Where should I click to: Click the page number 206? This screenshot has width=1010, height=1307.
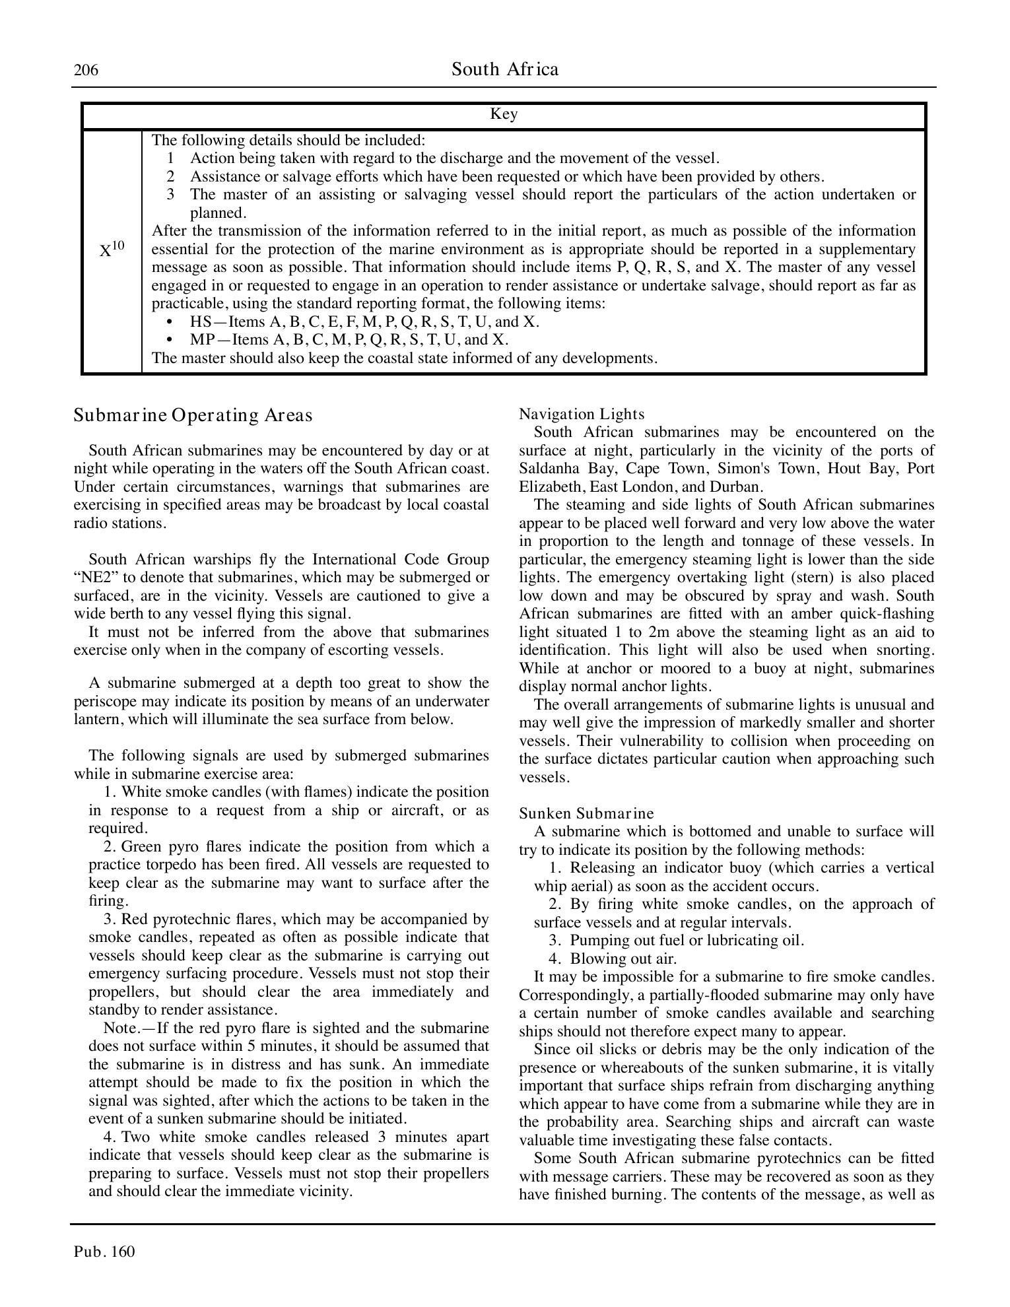point(86,70)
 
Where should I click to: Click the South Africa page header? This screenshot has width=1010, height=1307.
point(505,69)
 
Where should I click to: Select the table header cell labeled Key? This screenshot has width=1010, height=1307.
point(504,115)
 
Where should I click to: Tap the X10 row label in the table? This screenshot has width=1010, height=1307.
point(112,250)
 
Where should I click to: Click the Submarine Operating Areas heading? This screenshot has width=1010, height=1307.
point(193,415)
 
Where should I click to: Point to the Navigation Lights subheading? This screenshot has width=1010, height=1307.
point(582,414)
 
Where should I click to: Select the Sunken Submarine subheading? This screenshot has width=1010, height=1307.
point(586,813)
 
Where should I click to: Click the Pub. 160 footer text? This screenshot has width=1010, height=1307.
point(104,1252)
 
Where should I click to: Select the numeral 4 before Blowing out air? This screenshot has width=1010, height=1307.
point(554,959)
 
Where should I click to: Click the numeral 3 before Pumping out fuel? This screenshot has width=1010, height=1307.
point(554,941)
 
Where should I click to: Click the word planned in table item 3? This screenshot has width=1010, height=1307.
point(217,213)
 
